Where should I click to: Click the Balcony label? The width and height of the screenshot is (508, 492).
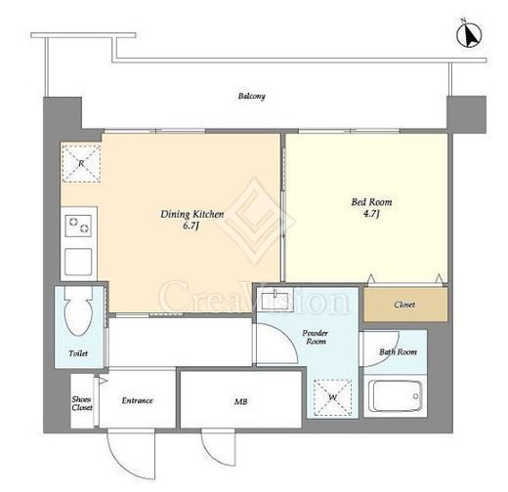[251, 96]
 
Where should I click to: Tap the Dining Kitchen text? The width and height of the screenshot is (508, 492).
[192, 214]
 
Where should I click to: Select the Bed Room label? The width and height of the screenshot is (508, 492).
[371, 202]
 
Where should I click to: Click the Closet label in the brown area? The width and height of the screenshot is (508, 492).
[404, 305]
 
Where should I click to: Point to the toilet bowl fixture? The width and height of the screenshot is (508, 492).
[78, 310]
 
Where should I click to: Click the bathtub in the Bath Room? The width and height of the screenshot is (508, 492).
[396, 396]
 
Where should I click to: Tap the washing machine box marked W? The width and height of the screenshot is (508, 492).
[332, 397]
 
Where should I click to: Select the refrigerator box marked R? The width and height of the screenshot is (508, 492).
[81, 163]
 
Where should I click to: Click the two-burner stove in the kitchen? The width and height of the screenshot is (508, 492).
[78, 225]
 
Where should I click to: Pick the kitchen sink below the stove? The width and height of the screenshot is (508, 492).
[78, 262]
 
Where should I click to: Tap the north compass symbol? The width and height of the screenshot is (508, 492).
[469, 34]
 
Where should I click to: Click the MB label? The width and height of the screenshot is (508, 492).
[240, 402]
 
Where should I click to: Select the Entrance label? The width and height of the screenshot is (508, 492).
[137, 400]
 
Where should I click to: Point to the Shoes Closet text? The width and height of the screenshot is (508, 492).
[82, 403]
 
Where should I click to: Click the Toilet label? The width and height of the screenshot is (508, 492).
[78, 353]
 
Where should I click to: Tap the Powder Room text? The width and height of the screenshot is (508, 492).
[316, 337]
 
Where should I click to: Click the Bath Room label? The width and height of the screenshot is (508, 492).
[398, 351]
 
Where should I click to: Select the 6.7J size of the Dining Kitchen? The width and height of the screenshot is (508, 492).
[190, 225]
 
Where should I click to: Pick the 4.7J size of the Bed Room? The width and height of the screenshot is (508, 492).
[371, 214]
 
